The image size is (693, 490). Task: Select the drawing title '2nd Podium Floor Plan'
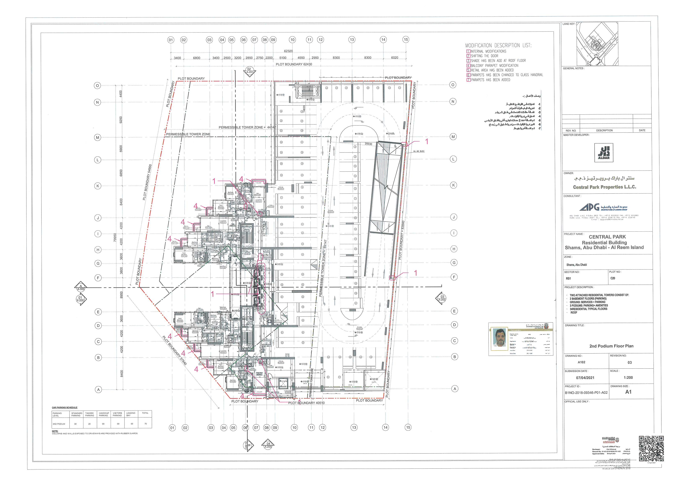pos(611,346)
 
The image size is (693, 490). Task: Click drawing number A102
pos(581,362)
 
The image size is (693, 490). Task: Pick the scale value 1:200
pos(628,377)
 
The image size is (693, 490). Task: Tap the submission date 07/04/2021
pos(585,378)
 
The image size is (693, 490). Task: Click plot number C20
pos(613,278)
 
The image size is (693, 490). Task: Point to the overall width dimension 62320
pos(288,51)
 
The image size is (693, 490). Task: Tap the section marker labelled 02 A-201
pos(249,71)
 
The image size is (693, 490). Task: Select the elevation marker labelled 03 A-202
pos(442,298)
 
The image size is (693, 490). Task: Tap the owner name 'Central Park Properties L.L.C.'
pos(604,187)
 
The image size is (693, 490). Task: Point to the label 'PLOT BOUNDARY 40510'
pos(306,403)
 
